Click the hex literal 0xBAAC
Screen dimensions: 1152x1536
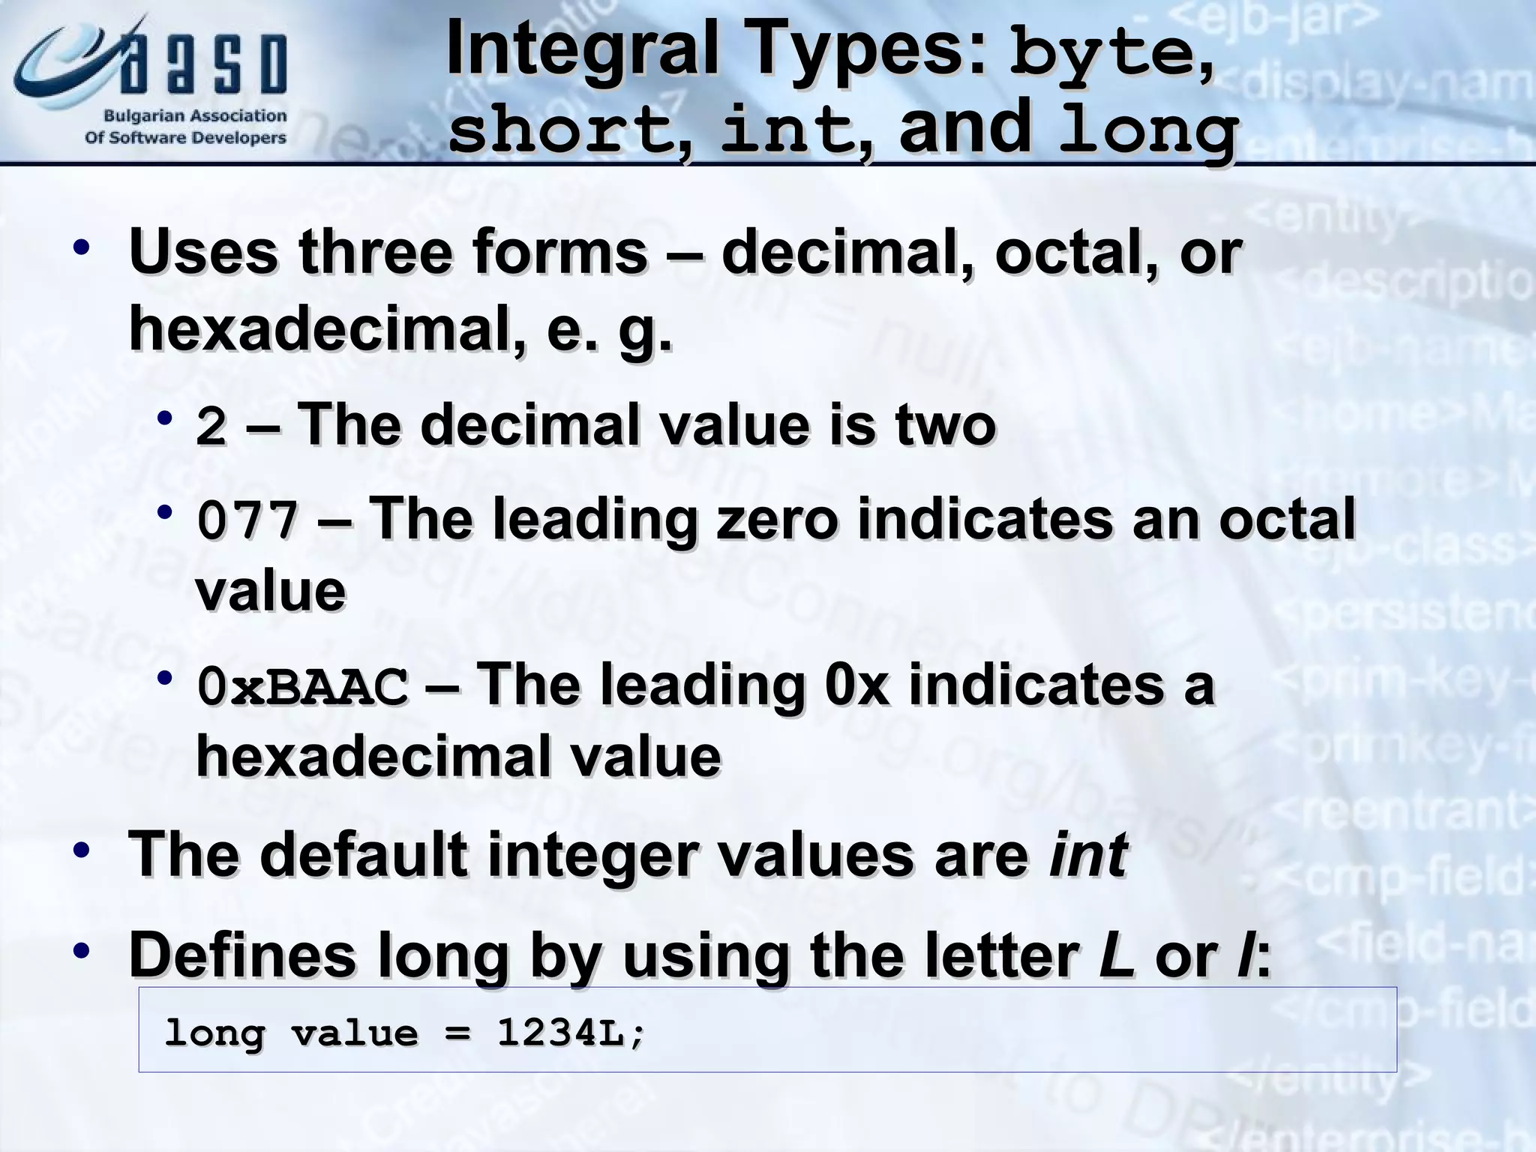pos(303,686)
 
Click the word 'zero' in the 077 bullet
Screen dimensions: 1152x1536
pos(776,519)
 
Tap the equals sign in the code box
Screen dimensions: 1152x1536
pos(457,1033)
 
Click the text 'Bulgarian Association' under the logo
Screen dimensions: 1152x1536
pos(195,116)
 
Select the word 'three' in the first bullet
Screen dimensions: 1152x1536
pos(374,253)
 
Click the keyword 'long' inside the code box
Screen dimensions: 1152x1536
pos(214,1033)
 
